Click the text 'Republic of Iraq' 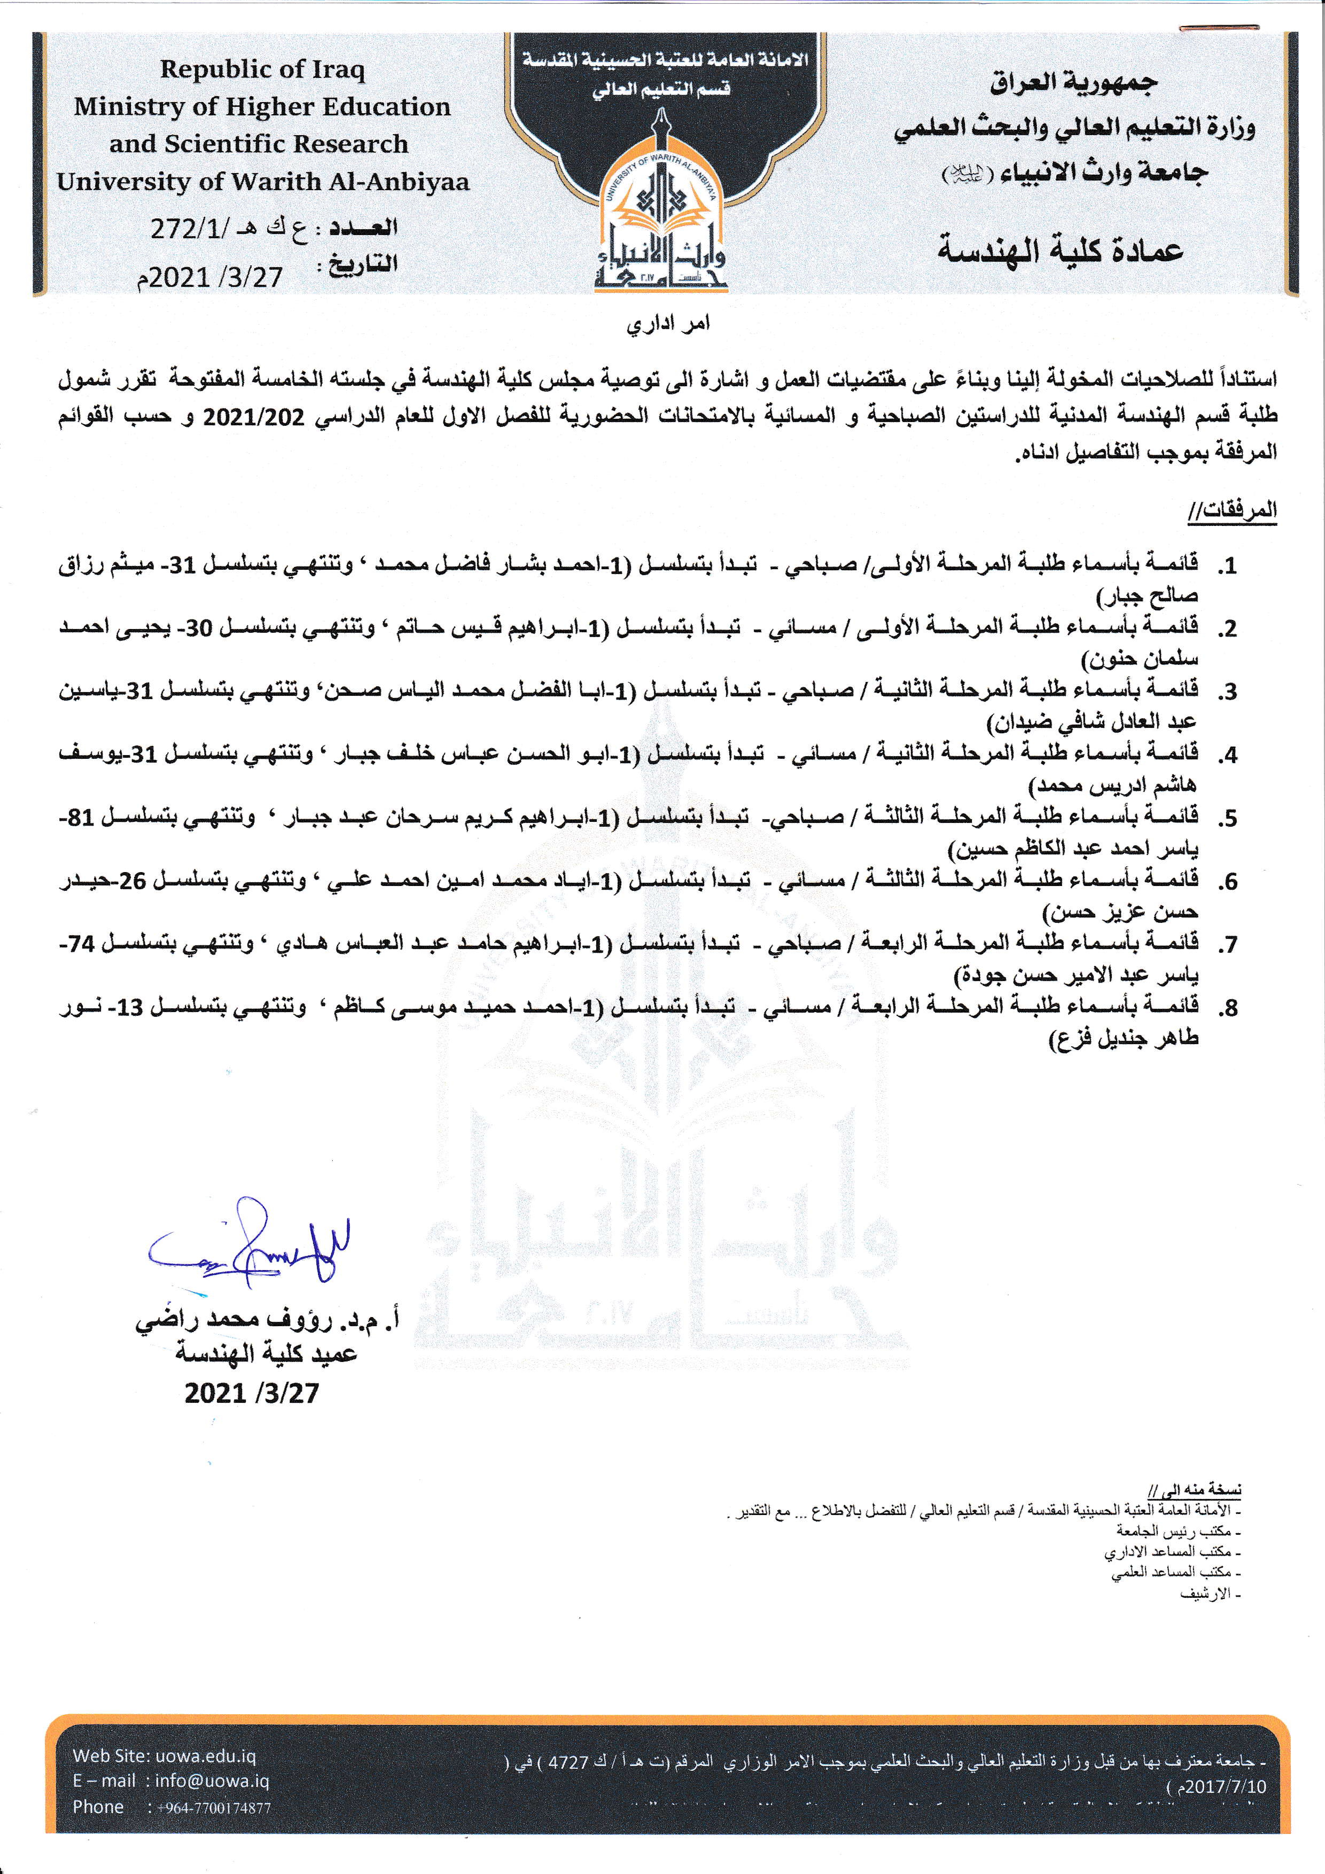(262, 69)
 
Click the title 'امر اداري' (668, 324)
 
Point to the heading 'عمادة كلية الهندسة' (1060, 248)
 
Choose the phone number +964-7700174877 (214, 1808)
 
